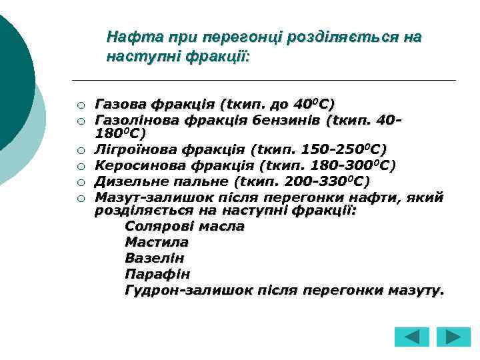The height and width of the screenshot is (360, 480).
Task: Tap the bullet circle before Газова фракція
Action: coord(79,105)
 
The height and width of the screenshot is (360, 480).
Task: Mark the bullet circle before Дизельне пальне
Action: coord(79,181)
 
